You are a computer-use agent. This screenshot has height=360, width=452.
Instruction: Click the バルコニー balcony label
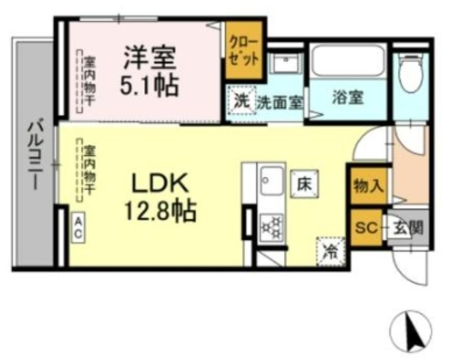pos(33,158)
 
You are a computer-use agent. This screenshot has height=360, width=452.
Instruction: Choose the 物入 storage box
pos(368,186)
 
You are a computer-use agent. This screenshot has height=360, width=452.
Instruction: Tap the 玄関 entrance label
pos(408,228)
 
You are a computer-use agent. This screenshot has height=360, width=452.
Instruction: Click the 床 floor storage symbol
pos(304,184)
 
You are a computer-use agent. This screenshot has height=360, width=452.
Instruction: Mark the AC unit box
pos(79,228)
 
